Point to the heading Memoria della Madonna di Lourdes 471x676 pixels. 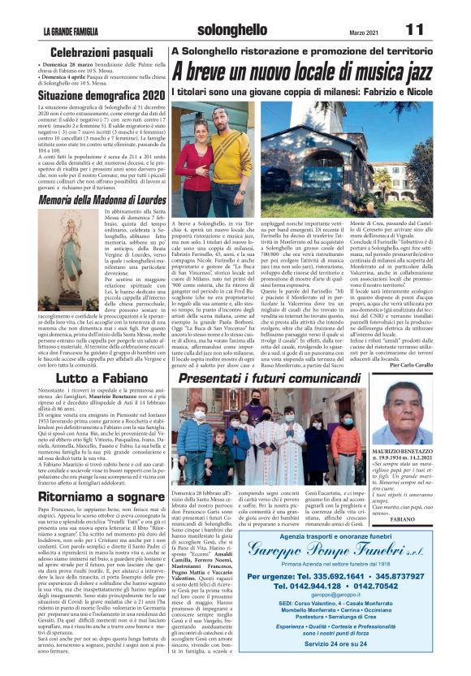pos(101,199)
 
